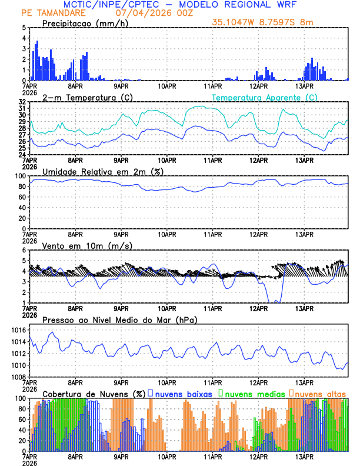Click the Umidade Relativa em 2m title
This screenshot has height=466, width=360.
pos(98,171)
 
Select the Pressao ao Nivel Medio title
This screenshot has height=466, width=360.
pos(119,319)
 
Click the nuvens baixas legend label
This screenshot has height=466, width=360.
pos(182,393)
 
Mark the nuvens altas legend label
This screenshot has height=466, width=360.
pos(321,393)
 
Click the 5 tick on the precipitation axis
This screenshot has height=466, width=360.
pos(24,28)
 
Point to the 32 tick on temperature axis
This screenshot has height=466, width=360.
pos(22,101)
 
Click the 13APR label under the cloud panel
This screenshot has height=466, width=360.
pos(304,456)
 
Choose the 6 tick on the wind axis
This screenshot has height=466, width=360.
pos(24,250)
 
